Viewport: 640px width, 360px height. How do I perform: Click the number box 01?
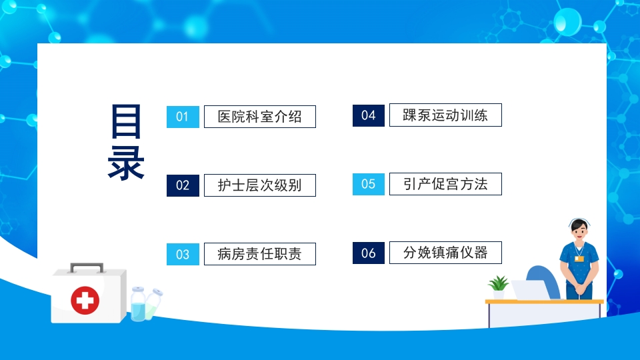click(183, 117)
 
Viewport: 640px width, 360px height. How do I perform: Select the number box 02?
click(183, 185)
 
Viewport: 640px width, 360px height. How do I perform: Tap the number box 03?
click(183, 254)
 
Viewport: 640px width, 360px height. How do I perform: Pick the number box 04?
click(369, 115)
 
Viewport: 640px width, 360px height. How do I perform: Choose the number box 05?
click(369, 184)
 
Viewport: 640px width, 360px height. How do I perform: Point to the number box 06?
click(369, 253)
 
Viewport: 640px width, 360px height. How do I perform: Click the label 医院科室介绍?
click(259, 117)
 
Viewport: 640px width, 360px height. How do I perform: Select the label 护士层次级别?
click(259, 185)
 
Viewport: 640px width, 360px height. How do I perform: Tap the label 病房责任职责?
click(259, 254)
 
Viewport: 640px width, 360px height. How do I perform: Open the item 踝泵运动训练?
click(445, 115)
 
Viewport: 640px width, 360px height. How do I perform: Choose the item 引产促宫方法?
click(445, 184)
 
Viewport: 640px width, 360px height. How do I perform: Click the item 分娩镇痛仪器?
click(445, 253)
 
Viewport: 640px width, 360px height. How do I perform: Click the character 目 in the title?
click(126, 121)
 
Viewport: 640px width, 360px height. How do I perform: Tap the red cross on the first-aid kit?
click(85, 300)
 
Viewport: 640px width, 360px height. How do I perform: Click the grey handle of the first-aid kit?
click(87, 267)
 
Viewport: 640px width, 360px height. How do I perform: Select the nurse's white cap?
click(579, 223)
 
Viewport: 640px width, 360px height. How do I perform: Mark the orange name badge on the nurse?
click(579, 258)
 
